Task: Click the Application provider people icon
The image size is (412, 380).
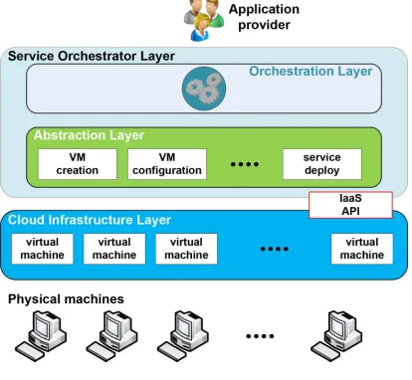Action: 203,21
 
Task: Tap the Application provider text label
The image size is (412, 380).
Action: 264,17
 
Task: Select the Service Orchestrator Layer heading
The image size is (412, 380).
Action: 92,56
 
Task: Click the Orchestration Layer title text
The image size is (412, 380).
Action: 310,72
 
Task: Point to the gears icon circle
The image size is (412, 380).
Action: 204,89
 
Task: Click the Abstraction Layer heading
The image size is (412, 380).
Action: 89,135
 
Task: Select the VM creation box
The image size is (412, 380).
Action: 78,164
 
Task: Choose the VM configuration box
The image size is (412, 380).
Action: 167,164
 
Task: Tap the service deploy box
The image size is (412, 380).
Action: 322,164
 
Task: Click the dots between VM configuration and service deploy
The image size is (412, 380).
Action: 245,164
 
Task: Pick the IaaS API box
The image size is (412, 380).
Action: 350,205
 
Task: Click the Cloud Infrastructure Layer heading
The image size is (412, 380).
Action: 90,220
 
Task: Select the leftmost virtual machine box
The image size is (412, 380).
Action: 42,249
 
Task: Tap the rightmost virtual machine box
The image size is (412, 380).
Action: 362,249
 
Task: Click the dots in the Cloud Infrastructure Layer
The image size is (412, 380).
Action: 275,249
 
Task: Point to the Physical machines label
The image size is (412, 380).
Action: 66,299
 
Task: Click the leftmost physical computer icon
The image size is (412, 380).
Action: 41,335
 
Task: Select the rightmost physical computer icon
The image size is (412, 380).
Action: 336,335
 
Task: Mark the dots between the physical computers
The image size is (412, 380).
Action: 260,336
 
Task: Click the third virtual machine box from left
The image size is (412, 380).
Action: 186,249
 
